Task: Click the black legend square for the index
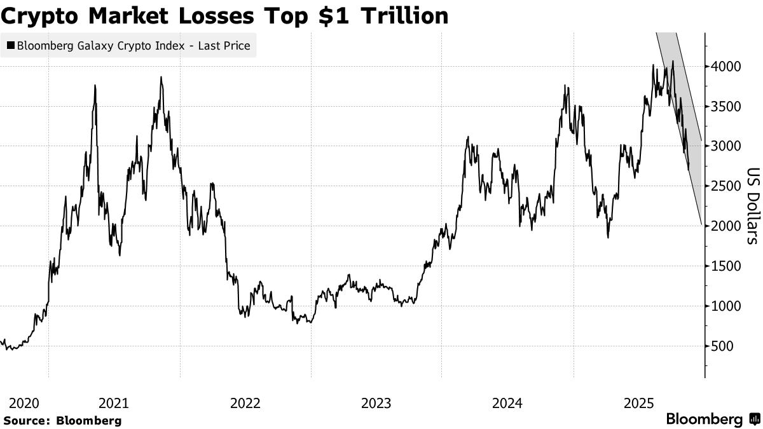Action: (11, 46)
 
